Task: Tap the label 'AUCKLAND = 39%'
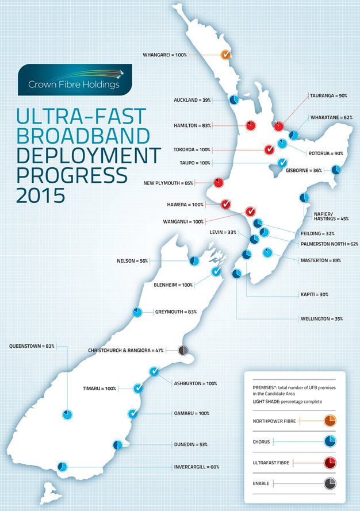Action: tap(192, 100)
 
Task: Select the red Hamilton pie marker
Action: tap(250, 125)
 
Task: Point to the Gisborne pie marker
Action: tap(336, 170)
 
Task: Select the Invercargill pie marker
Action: tap(61, 467)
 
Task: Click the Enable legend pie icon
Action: tap(330, 483)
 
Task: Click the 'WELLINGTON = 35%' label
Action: tap(321, 318)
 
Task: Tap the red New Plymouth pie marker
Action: tap(219, 183)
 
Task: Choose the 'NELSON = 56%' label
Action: tap(132, 261)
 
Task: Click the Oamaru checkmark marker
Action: tap(133, 413)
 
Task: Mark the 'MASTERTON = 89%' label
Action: tap(321, 260)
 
